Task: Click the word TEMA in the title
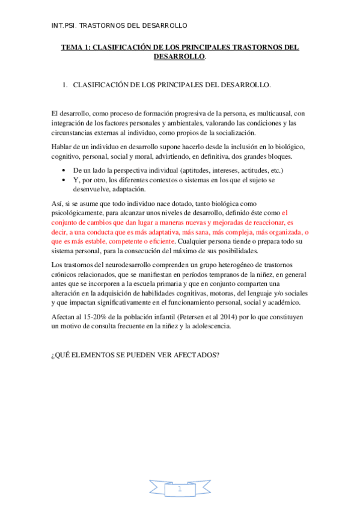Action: (73, 48)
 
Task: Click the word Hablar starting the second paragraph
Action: (63, 147)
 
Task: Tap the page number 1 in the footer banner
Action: (179, 490)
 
